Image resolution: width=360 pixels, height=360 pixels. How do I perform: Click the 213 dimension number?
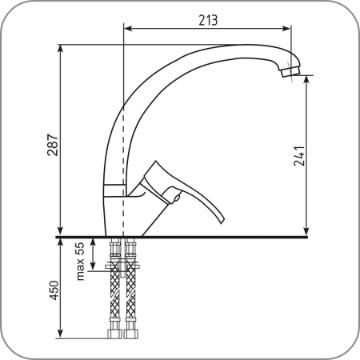click(208, 20)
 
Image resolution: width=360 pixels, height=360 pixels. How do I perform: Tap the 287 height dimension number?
click(53, 146)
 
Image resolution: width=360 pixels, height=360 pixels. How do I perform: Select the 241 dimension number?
click(299, 156)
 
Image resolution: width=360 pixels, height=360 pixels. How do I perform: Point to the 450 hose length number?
click(54, 290)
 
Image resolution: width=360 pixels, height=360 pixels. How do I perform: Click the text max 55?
click(80, 262)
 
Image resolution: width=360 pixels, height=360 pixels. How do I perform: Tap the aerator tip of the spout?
click(290, 71)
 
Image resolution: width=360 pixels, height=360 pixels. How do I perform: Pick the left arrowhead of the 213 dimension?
click(128, 28)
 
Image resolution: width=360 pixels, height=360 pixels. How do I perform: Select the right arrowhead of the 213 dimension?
click(286, 28)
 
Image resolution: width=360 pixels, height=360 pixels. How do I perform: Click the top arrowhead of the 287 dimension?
click(61, 49)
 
